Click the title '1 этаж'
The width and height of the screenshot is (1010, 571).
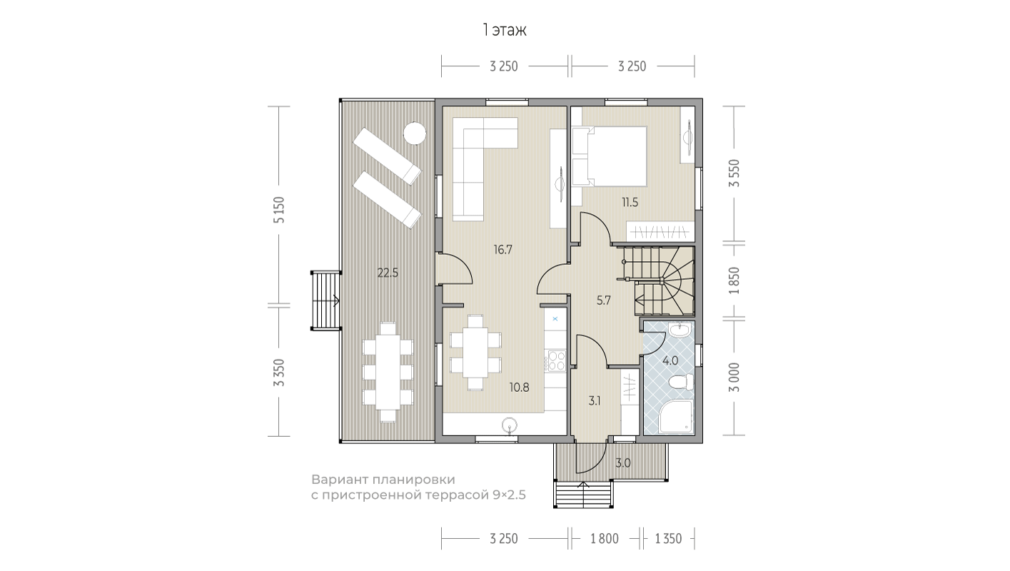pos(505,30)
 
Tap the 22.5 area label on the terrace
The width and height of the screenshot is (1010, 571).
pos(388,273)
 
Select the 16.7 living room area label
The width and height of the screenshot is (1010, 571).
pos(503,249)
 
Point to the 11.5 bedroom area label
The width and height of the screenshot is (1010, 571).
pos(630,203)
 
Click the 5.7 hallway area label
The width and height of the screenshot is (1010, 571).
pos(603,300)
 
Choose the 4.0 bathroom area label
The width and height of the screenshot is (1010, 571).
pos(670,361)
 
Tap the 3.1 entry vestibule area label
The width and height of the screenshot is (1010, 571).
pos(595,400)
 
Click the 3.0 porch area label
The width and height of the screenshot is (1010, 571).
pos(622,463)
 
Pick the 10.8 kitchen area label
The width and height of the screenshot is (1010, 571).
pos(520,388)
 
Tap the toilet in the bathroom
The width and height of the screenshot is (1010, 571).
pos(681,383)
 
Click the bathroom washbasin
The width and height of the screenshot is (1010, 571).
pos(680,330)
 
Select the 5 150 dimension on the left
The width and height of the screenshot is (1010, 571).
pos(280,210)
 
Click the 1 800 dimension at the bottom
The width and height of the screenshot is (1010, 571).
pos(604,539)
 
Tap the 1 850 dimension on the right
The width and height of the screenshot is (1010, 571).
pos(735,281)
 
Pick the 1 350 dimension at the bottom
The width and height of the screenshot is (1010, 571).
pos(668,539)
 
